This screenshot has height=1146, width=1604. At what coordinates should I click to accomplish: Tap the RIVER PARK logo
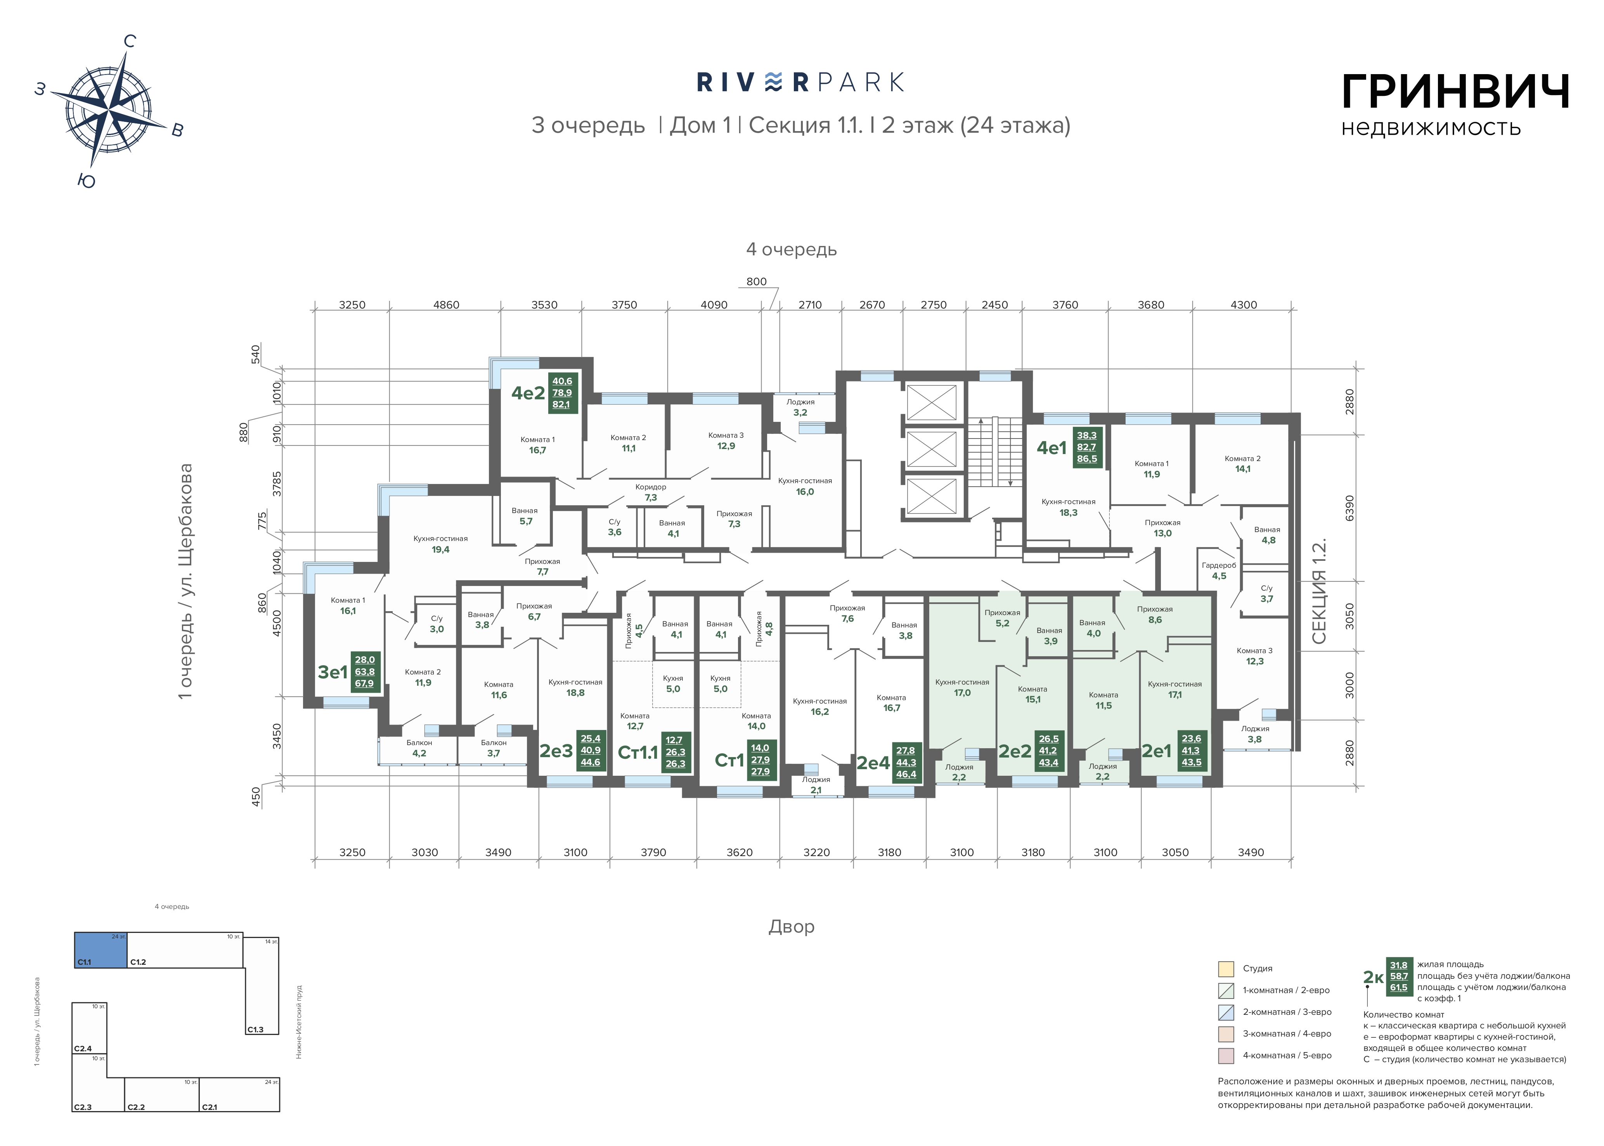coord(800,83)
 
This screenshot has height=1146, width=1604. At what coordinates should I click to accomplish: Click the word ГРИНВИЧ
coord(1455,92)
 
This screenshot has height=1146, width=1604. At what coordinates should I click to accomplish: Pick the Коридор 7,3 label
coord(650,492)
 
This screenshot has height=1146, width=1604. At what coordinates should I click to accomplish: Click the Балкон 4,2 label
coord(419,748)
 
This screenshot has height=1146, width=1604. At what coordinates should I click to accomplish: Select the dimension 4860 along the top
coord(446,305)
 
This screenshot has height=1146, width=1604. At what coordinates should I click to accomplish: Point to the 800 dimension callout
coord(756,282)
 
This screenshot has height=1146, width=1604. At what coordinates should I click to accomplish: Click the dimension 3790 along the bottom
coord(653,853)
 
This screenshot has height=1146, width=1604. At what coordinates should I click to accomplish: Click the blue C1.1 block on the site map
coord(101,950)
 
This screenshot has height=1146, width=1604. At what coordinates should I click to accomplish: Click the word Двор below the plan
coord(792,926)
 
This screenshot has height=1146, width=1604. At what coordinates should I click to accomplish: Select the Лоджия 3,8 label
coord(1255,734)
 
